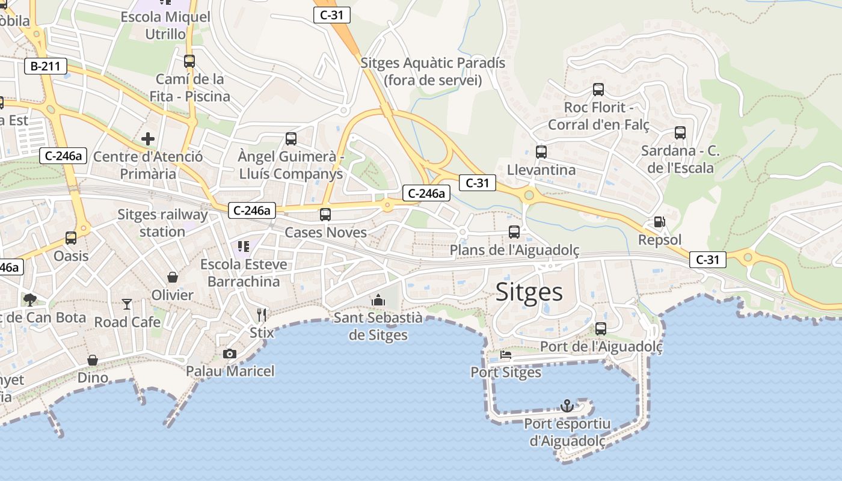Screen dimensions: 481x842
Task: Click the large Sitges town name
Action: pos(529,292)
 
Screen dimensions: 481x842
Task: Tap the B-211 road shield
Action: pos(46,66)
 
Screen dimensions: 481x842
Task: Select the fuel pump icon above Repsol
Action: pos(659,222)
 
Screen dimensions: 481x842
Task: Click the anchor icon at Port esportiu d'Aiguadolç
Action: pos(567,406)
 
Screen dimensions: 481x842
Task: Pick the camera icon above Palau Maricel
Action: pos(230,354)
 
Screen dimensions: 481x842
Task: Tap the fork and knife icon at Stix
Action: pos(261,314)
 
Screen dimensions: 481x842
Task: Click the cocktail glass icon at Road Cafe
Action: pos(127,304)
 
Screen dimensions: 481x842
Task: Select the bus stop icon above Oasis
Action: pos(71,238)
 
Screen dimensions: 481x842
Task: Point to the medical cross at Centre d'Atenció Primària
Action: pos(148,139)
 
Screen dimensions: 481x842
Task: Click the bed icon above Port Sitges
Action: pos(505,355)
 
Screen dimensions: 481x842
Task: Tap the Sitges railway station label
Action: pos(162,223)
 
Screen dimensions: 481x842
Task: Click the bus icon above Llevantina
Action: pos(541,152)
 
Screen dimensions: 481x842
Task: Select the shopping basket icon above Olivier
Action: pos(173,277)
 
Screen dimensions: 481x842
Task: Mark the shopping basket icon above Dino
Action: pos(93,360)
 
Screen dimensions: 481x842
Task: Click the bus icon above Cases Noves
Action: pos(325,214)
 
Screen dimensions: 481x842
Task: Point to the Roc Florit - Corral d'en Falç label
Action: pos(598,116)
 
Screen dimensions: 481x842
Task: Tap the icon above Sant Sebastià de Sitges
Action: pos(378,299)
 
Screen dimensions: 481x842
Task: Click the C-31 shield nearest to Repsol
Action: pos(707,260)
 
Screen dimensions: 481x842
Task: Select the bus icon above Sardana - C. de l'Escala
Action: pos(680,133)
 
